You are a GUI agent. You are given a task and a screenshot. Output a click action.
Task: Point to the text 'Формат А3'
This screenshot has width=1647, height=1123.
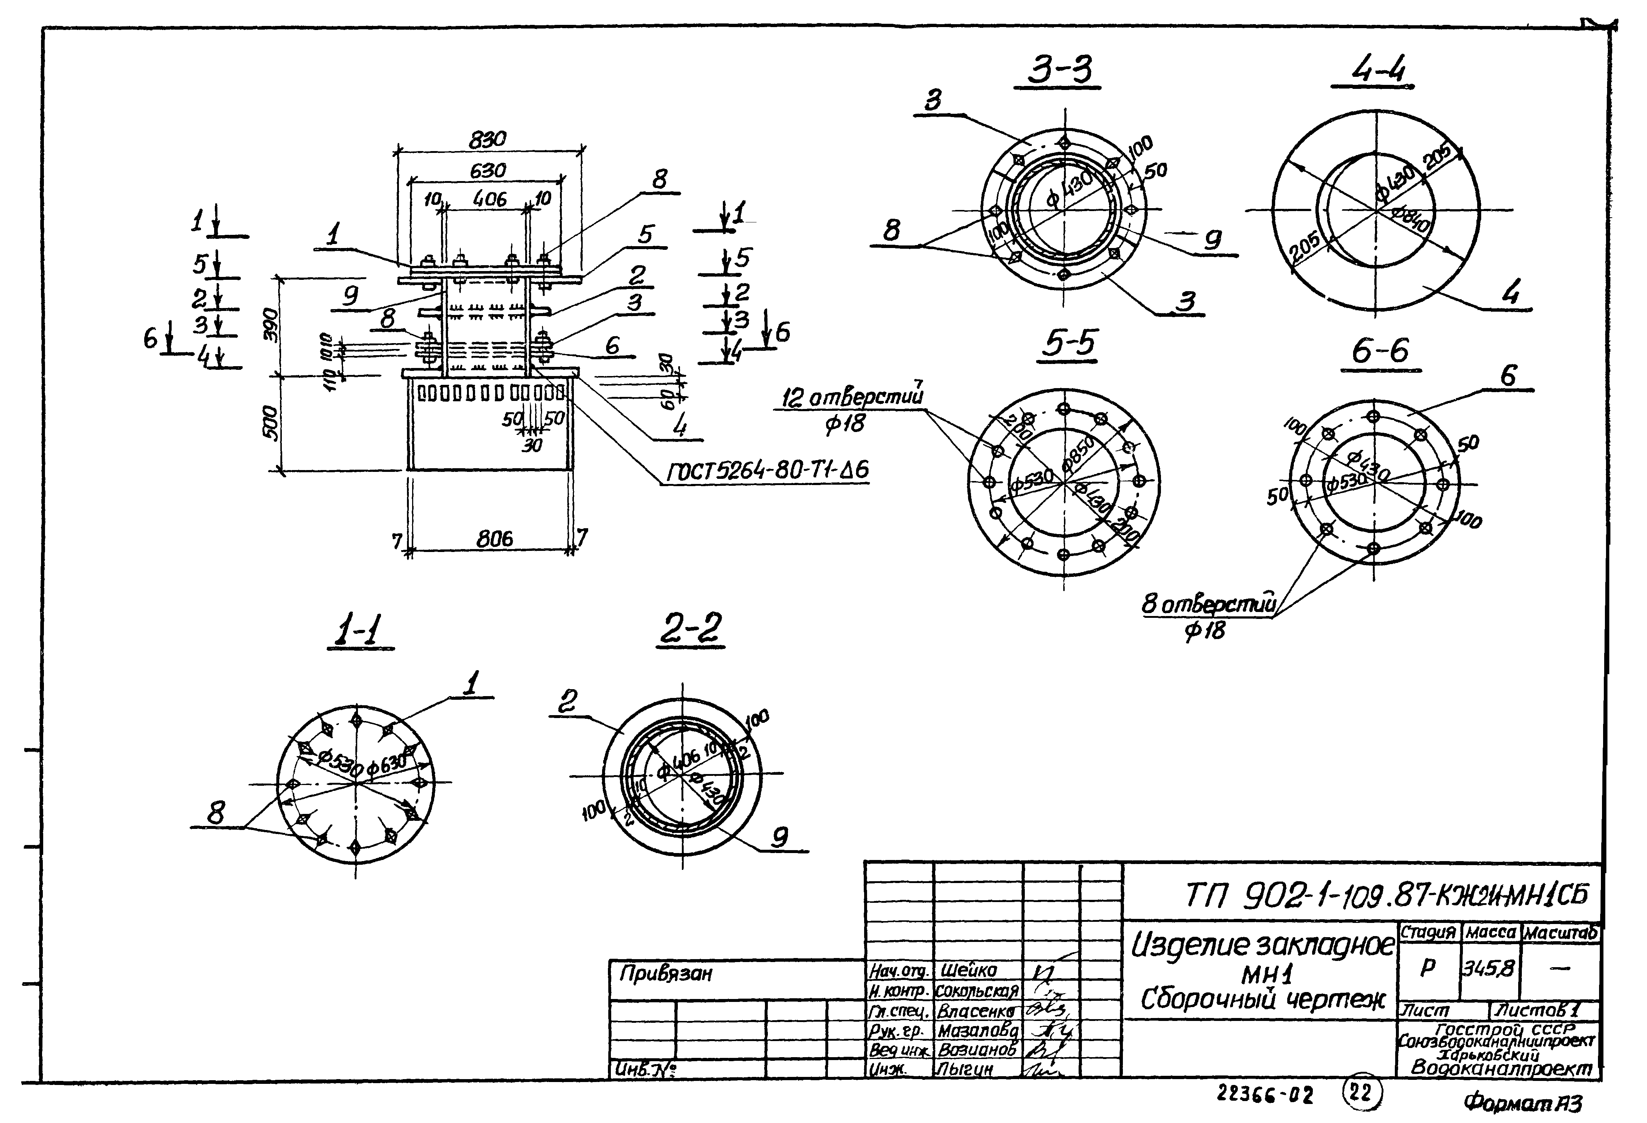pos(1522,1103)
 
